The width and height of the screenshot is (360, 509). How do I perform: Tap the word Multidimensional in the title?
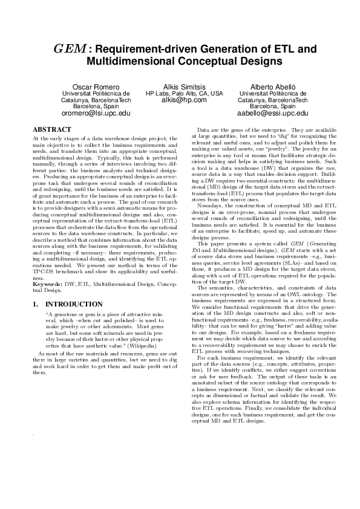click(x=125, y=61)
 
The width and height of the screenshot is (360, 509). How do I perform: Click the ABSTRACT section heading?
click(x=48, y=129)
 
